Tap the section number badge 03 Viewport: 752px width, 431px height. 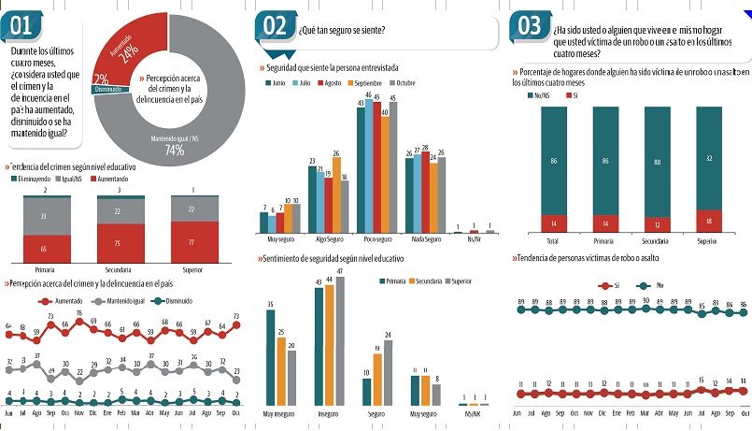[530, 26]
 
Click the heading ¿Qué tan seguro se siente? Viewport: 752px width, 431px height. [341, 30]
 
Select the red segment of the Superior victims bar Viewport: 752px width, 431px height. [710, 221]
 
